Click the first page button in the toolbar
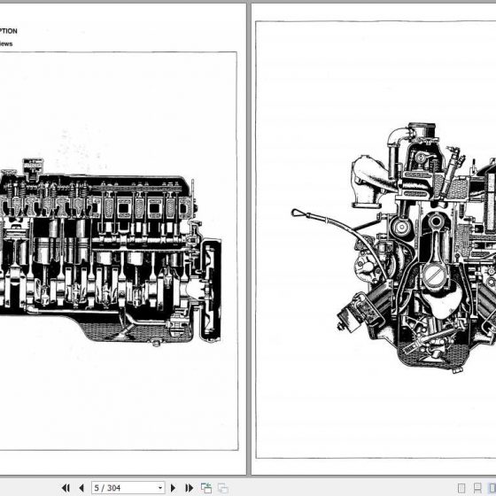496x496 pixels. tap(66, 487)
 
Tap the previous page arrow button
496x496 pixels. tap(81, 487)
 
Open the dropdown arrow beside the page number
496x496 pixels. tap(160, 487)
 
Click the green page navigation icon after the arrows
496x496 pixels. tap(206, 487)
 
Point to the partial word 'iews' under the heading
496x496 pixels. tap(6, 43)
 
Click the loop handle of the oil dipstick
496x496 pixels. tap(298, 213)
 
